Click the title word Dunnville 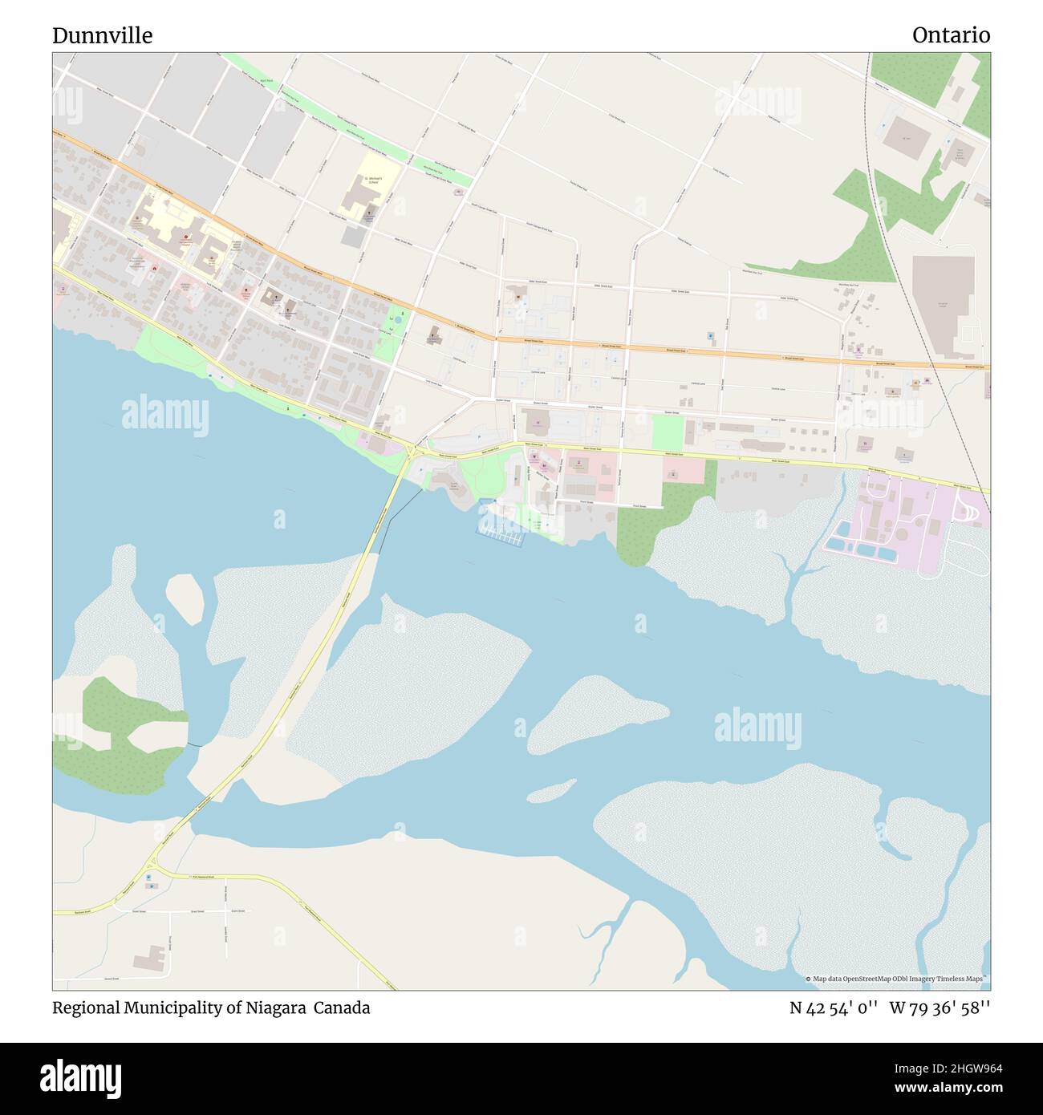pyautogui.click(x=102, y=35)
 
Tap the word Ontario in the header pyautogui.click(x=951, y=35)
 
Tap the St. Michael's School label pyautogui.click(x=370, y=180)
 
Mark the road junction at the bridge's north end pyautogui.click(x=412, y=454)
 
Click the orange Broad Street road pyautogui.click(x=642, y=350)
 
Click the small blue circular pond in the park pyautogui.click(x=396, y=320)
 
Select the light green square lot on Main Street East pyautogui.click(x=667, y=432)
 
